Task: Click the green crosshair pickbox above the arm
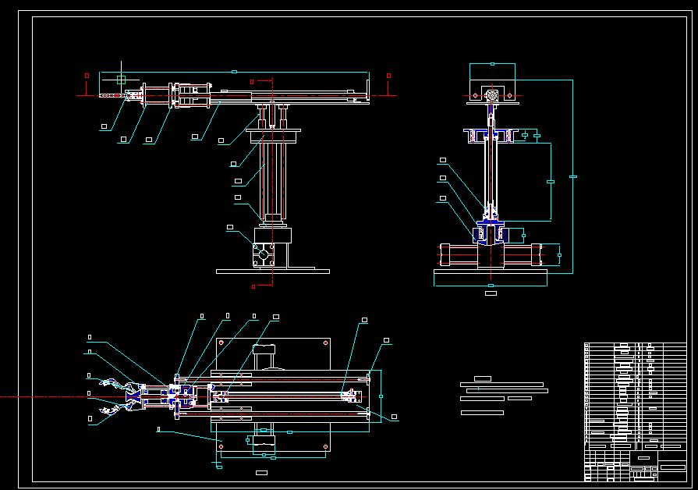click(120, 80)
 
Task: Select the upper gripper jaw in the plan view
click(117, 385)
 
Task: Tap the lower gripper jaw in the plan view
click(117, 410)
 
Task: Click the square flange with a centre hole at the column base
click(264, 255)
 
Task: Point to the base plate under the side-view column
click(272, 272)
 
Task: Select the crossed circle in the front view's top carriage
click(491, 95)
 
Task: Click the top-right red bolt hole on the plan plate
click(324, 342)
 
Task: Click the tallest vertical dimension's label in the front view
click(573, 177)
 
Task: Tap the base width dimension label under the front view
click(491, 293)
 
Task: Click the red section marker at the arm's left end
click(87, 76)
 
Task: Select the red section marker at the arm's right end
click(388, 76)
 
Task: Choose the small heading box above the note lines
click(482, 378)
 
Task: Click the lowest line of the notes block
click(482, 412)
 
